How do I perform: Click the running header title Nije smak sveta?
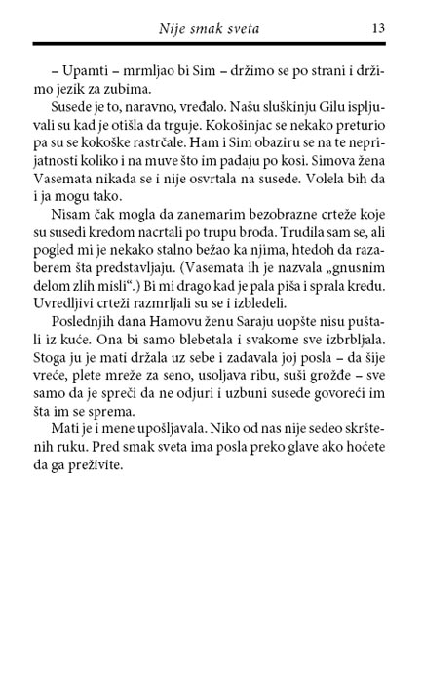coord(221,29)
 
